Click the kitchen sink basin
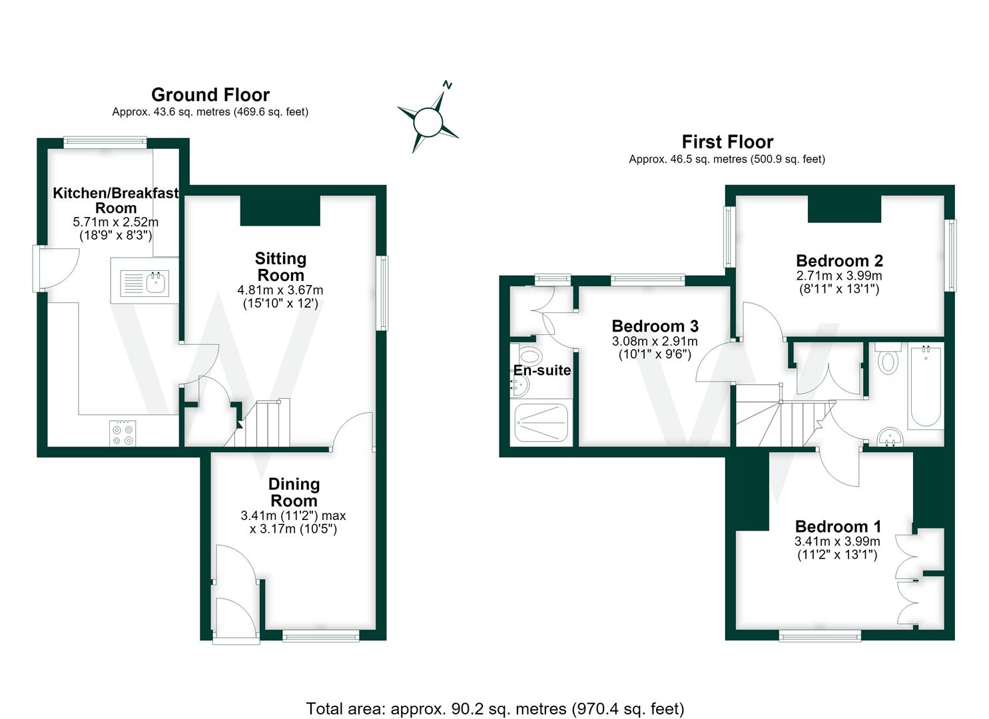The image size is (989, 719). [x=156, y=282]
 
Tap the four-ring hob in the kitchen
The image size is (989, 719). [x=123, y=434]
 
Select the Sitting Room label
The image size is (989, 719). [x=281, y=266]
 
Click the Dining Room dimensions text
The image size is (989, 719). [x=293, y=522]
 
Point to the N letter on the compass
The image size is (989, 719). [x=448, y=85]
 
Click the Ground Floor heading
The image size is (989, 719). [x=210, y=95]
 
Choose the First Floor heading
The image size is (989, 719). [x=727, y=142]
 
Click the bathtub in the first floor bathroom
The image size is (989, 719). [x=926, y=387]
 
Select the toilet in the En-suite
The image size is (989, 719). [x=530, y=354]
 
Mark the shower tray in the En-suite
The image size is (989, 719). [x=541, y=422]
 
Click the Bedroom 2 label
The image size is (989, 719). [x=839, y=261]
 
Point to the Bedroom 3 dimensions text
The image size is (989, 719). [x=655, y=348]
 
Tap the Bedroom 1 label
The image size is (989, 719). [x=838, y=527]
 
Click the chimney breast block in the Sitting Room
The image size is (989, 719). [x=280, y=210]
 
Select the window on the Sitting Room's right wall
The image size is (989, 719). [x=382, y=293]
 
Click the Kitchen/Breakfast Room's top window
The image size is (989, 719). [x=105, y=142]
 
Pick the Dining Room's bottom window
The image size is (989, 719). [x=320, y=635]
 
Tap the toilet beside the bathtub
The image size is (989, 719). [x=888, y=358]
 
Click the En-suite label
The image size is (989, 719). [x=542, y=370]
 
